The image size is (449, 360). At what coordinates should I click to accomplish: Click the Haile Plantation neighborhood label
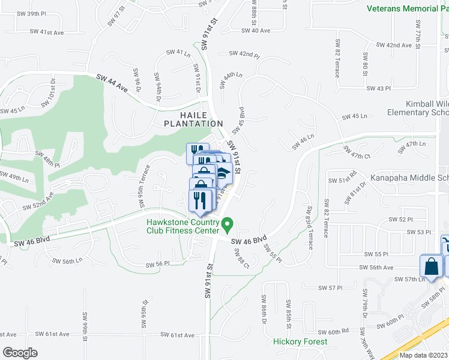pyautogui.click(x=193, y=119)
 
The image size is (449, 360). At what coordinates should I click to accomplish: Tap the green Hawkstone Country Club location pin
pyautogui.click(x=228, y=226)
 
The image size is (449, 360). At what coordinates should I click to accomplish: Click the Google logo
pyautogui.click(x=20, y=352)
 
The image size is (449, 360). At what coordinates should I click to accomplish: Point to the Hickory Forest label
pyautogui.click(x=300, y=341)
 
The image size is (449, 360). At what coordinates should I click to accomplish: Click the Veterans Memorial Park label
pyautogui.click(x=407, y=8)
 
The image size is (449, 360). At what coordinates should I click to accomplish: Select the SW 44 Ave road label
pyautogui.click(x=113, y=83)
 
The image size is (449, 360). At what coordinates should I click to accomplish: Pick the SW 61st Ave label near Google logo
pyautogui.click(x=52, y=334)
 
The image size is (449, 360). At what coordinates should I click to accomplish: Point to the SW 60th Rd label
pyautogui.click(x=333, y=331)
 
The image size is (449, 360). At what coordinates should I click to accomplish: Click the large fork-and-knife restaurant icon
pyautogui.click(x=202, y=201)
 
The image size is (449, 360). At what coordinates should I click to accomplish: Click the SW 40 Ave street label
pyautogui.click(x=256, y=30)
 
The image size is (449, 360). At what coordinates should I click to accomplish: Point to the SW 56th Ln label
pyautogui.click(x=67, y=261)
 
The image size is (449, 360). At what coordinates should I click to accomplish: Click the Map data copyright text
pyautogui.click(x=423, y=355)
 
